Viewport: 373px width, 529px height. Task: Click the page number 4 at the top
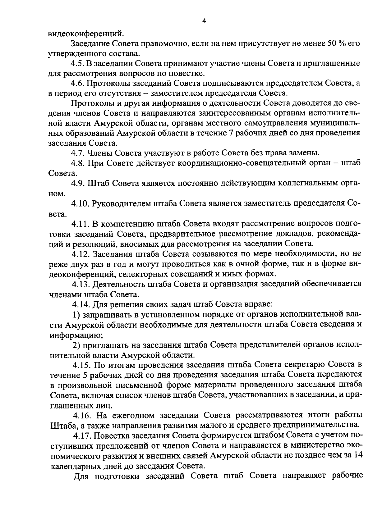(x=204, y=21)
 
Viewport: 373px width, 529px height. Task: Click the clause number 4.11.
(x=81, y=223)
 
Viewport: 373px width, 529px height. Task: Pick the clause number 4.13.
(x=81, y=284)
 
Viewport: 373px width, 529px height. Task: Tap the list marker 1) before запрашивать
(x=76, y=315)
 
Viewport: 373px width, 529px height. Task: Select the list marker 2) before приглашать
(x=76, y=344)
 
